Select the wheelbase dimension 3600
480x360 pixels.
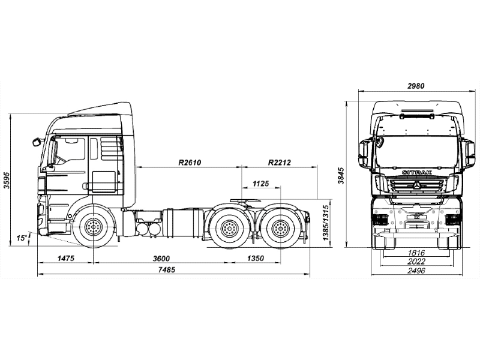(160, 258)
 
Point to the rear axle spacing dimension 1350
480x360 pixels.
(256, 258)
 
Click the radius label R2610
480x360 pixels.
(189, 163)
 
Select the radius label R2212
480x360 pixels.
(280, 163)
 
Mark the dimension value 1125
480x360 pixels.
(260, 183)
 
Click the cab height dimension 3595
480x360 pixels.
(7, 180)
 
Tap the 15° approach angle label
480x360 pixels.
(22, 238)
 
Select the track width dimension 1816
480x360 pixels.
(415, 253)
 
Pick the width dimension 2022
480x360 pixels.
(415, 262)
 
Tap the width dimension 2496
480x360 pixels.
(415, 271)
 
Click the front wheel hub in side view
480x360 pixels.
(93, 227)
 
